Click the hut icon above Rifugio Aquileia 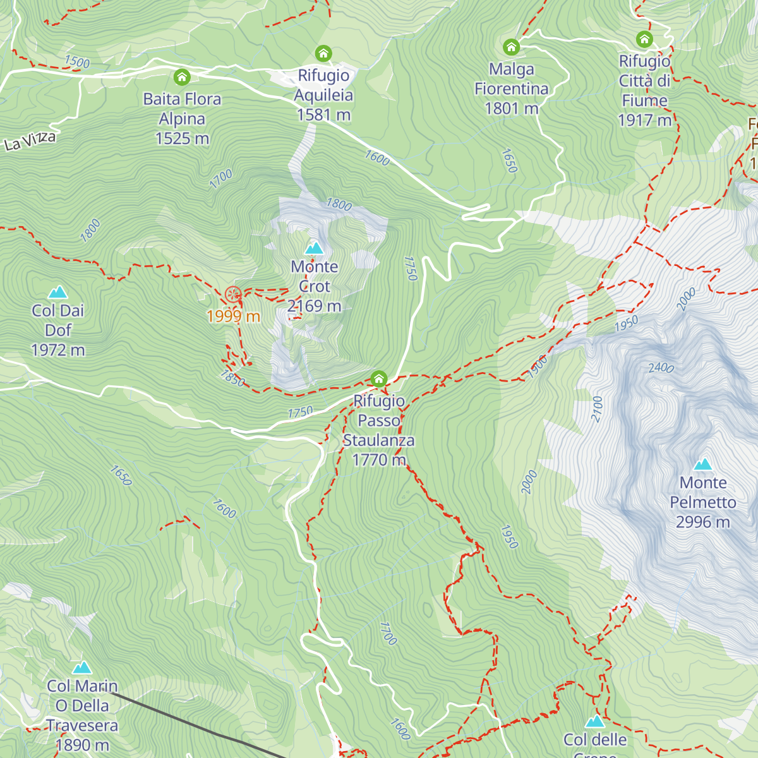coord(323,53)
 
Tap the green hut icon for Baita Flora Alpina coord(182,78)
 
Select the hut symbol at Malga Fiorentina coord(511,47)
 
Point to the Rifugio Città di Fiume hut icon coord(644,40)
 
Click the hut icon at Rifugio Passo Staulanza coord(378,379)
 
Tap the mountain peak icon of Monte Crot coord(314,248)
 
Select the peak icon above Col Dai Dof coord(58,292)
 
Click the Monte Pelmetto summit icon coord(702,464)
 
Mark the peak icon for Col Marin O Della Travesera coord(81,668)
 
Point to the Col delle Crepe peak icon coord(594,721)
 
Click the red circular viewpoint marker coord(233,294)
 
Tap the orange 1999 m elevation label coord(233,316)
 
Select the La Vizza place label coord(30,140)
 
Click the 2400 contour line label coord(661,367)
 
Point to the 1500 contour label coord(77,62)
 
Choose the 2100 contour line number coord(597,409)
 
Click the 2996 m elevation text coord(702,522)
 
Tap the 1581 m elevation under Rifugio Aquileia coord(323,115)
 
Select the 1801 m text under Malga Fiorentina coord(511,109)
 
